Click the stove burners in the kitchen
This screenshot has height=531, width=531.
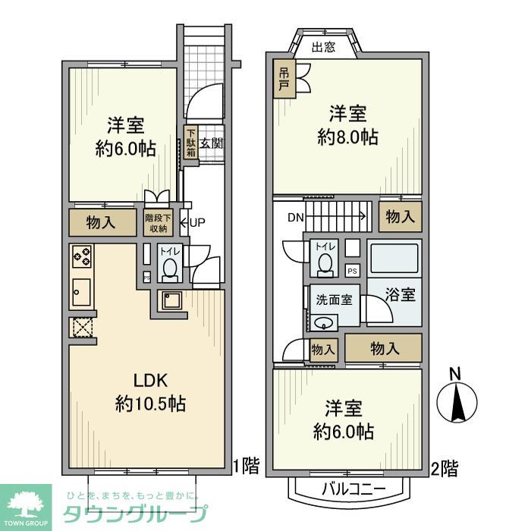[82, 257]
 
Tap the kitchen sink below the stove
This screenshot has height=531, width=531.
[82, 291]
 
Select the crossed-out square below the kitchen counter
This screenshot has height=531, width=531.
[81, 327]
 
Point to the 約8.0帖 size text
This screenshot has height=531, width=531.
[347, 137]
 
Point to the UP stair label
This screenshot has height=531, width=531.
[196, 222]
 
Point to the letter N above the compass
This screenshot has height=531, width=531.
[454, 374]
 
